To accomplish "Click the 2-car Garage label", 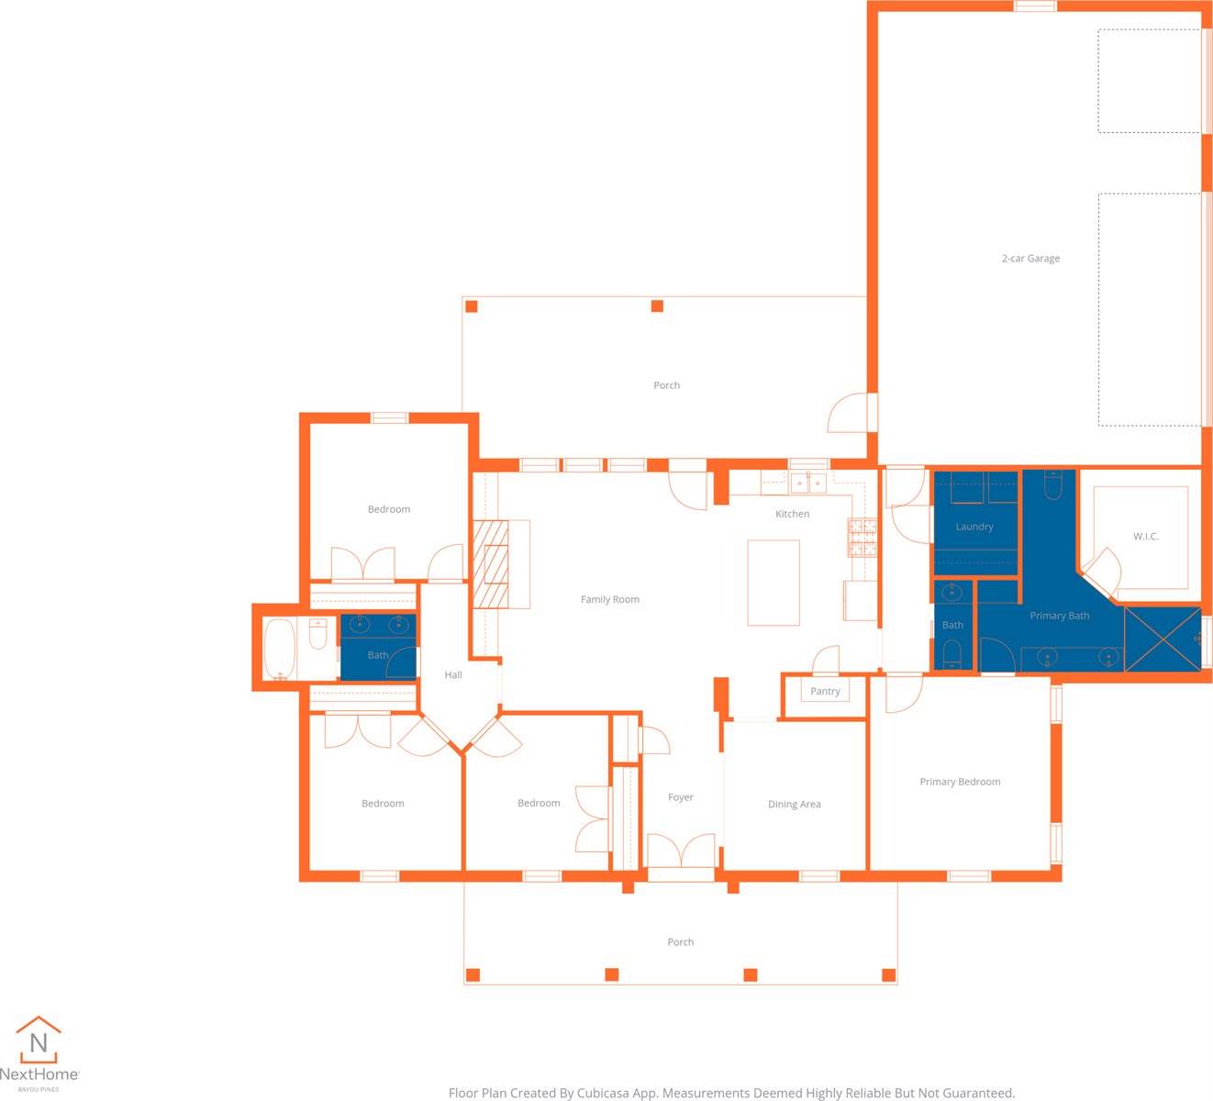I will [x=1030, y=259].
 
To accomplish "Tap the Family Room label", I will [x=610, y=600].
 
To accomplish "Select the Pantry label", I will [x=825, y=692].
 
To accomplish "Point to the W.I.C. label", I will [x=1146, y=537].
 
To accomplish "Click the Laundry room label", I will [x=974, y=527].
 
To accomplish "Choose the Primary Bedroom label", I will [x=960, y=782].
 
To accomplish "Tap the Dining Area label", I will [x=795, y=805].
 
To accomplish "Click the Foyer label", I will [x=681, y=797].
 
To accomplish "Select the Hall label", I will [x=453, y=675].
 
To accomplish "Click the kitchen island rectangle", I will [x=773, y=583].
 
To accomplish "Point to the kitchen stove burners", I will [x=862, y=538].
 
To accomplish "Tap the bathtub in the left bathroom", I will [x=279, y=650].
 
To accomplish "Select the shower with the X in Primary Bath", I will [x=1163, y=639].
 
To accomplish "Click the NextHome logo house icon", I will [x=39, y=1040].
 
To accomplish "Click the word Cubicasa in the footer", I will [x=617, y=1093].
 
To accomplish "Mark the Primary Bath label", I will [x=1060, y=616].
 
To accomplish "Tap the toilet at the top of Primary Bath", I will [x=1053, y=484].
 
